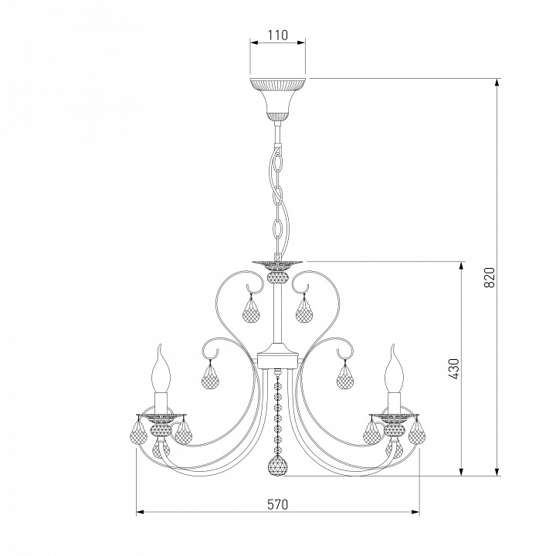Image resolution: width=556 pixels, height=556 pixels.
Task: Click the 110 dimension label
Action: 278,35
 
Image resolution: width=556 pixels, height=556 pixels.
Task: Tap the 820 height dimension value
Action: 489,277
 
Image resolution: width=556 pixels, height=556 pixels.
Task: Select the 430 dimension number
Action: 453,369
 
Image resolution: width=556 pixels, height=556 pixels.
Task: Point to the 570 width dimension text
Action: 278,503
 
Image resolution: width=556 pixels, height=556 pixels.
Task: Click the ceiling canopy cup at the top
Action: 278,100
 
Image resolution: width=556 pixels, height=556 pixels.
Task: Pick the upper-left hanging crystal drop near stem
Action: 252,309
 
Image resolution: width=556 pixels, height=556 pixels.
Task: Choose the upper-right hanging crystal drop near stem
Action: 305,309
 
